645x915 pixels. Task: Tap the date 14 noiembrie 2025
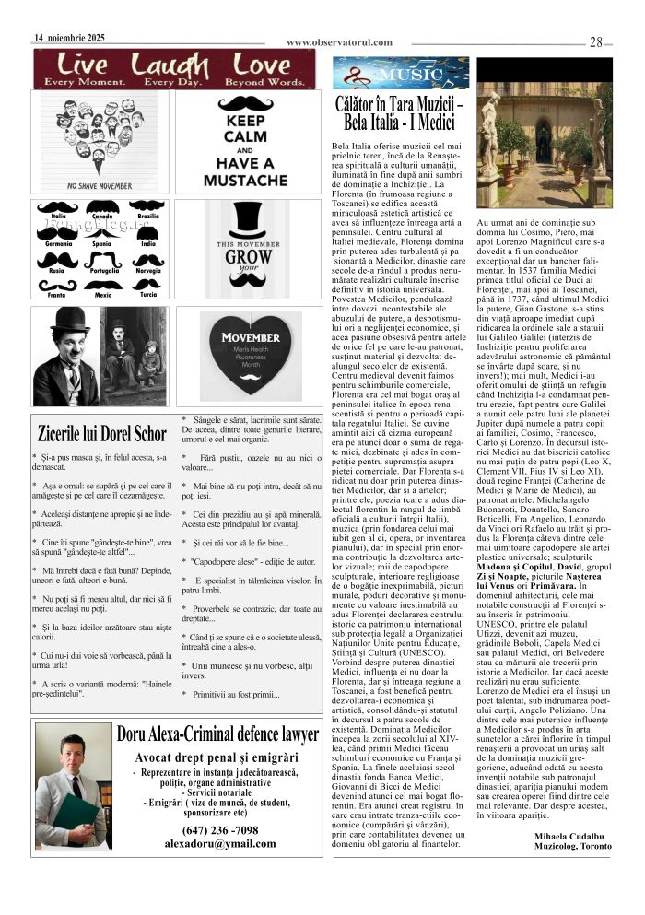point(69,38)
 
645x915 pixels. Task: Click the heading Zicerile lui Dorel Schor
point(102,433)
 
